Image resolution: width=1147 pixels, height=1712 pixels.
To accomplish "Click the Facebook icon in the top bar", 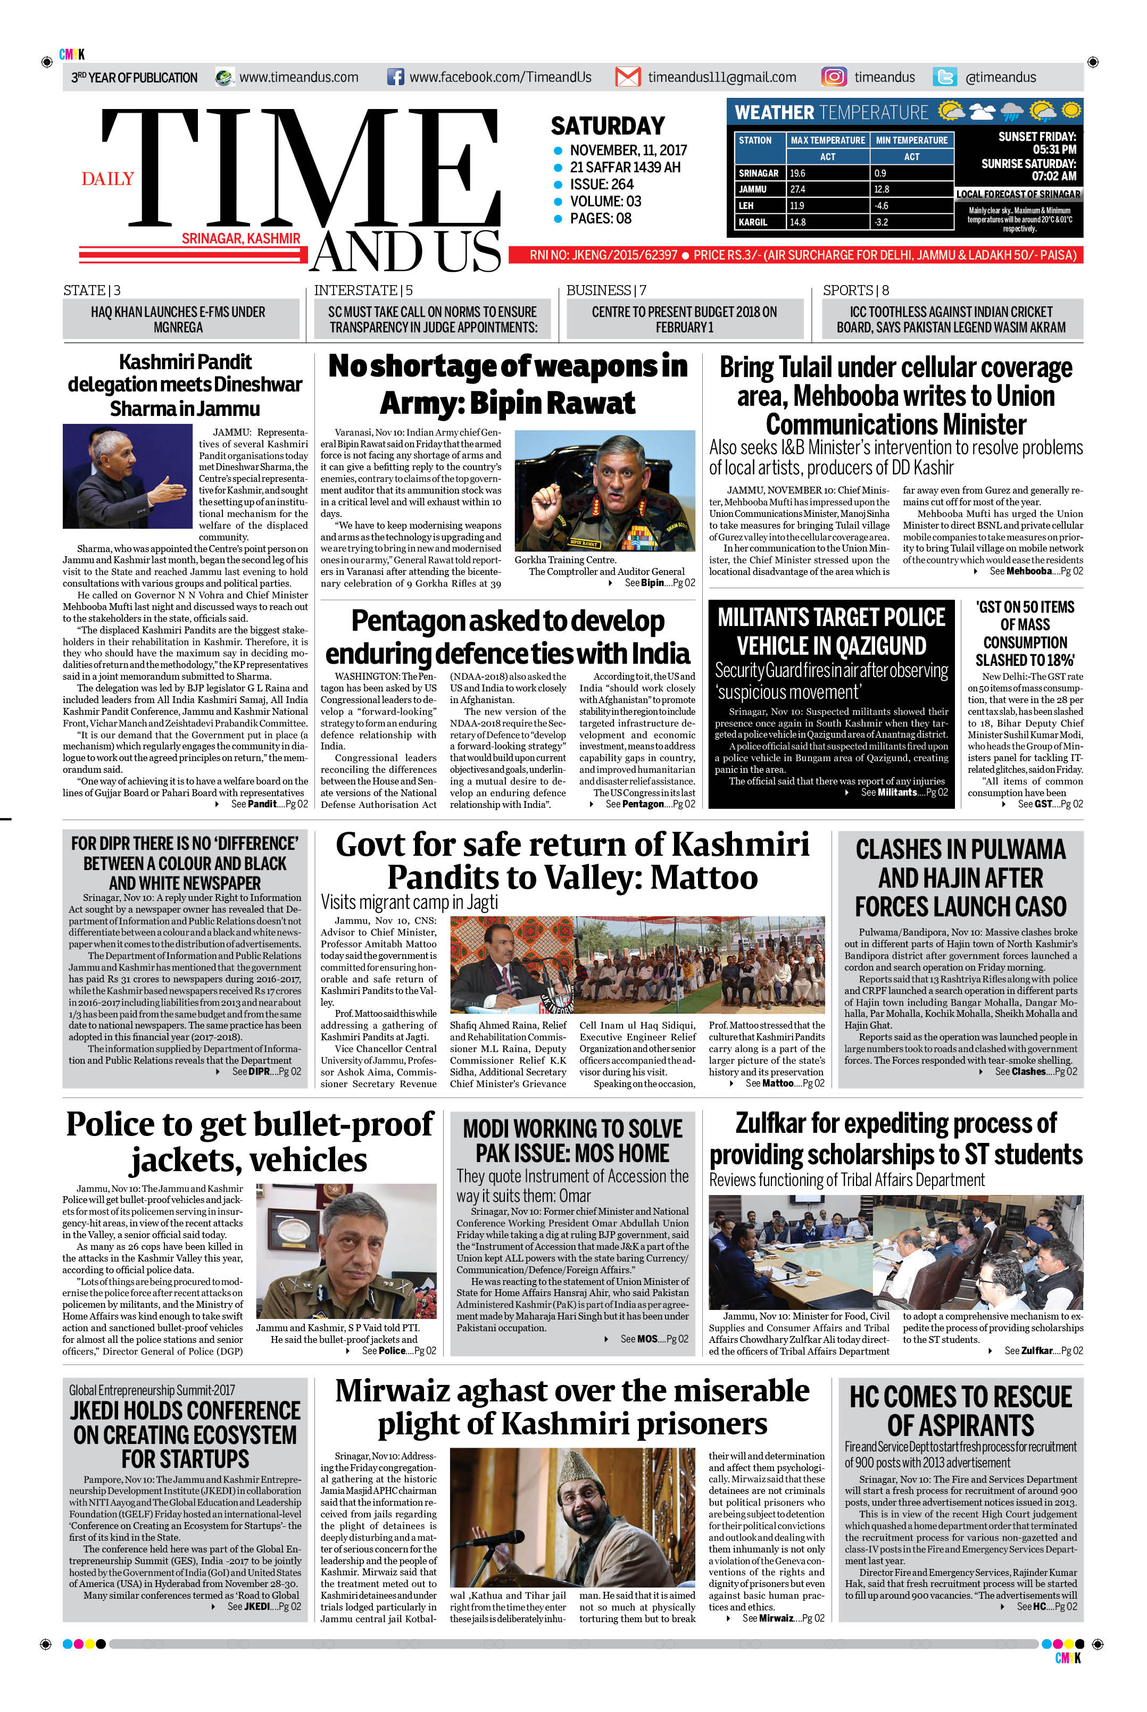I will pos(395,77).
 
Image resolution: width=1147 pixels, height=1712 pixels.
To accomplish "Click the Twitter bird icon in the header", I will pos(944,77).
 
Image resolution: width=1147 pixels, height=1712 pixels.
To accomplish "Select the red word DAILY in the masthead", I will pos(107,179).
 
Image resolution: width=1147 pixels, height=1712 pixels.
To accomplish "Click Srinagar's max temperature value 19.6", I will pos(797,173).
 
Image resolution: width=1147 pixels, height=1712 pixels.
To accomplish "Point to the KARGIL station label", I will pos(752,222).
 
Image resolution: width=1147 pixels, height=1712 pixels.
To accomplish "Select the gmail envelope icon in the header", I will pos(628,77).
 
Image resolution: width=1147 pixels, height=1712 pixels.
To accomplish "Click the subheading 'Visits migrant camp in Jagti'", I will pos(409,901).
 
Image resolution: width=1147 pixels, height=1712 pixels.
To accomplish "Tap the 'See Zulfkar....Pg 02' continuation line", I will pos(1042,1351).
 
